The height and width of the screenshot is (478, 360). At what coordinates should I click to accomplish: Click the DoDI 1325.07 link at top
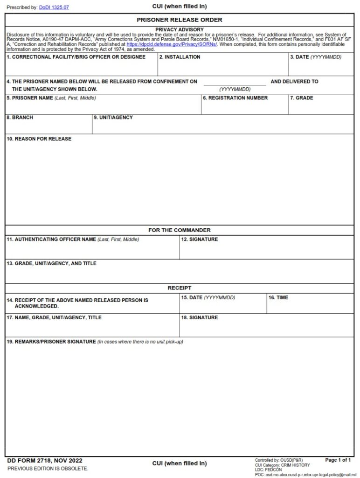54,7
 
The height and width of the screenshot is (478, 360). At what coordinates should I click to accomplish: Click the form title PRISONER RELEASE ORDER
180,20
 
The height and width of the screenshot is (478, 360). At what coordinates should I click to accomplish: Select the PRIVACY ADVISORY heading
180,29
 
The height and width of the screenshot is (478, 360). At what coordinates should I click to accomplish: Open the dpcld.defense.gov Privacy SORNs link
178,44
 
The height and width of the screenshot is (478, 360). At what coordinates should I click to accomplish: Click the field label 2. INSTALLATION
180,57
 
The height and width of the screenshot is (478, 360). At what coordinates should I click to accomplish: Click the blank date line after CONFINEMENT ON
235,82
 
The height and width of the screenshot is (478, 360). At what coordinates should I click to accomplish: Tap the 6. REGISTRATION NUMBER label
235,98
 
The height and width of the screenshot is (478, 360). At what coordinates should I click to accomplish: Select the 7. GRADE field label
301,98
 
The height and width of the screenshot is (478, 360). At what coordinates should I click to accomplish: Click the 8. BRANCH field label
20,118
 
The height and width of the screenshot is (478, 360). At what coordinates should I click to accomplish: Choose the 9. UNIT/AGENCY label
113,118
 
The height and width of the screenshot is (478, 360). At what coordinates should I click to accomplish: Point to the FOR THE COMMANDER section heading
180,230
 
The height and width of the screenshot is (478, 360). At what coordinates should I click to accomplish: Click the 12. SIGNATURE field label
199,239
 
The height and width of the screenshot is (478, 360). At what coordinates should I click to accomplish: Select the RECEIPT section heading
180,288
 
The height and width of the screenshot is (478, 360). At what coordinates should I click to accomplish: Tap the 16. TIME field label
278,297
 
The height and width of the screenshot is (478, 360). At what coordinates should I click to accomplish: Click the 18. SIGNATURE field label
199,317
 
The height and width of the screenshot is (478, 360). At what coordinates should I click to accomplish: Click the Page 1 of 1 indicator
338,460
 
